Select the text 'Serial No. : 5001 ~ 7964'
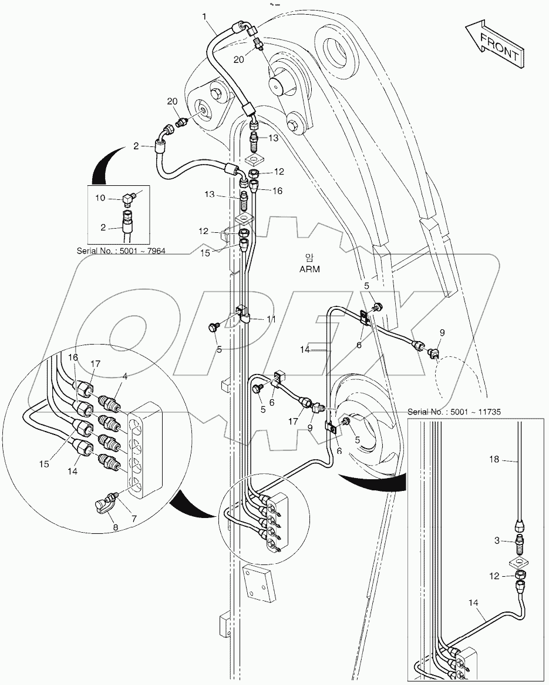click(x=121, y=251)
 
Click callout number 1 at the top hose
click(x=205, y=17)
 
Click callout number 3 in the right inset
click(x=496, y=539)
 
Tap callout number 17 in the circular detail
click(x=96, y=365)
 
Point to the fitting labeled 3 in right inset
click(x=519, y=540)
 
